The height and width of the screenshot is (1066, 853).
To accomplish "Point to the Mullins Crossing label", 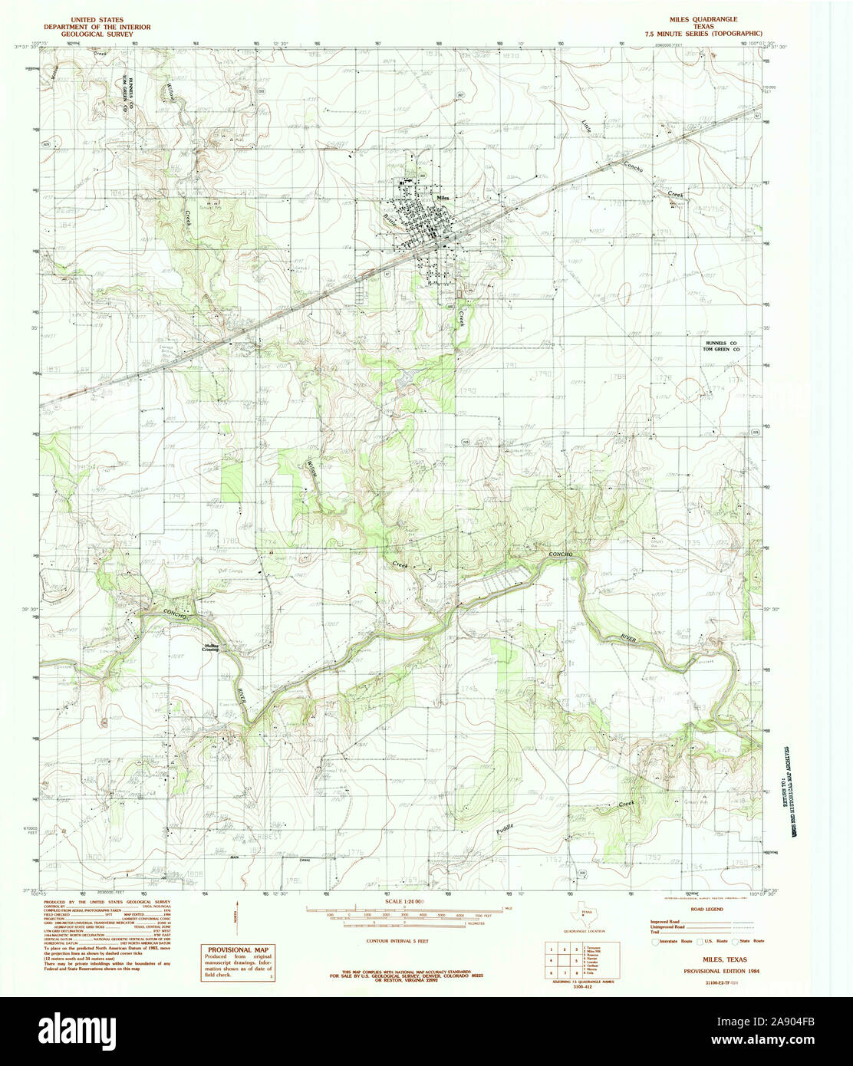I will [x=211, y=647].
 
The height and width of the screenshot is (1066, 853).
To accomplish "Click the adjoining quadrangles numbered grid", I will [x=565, y=960].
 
